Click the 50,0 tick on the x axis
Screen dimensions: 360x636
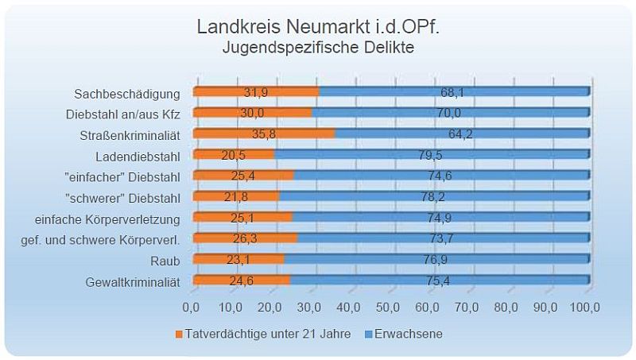click(x=389, y=306)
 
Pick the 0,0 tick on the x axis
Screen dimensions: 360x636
click(x=192, y=306)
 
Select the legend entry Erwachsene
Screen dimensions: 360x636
click(x=409, y=334)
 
